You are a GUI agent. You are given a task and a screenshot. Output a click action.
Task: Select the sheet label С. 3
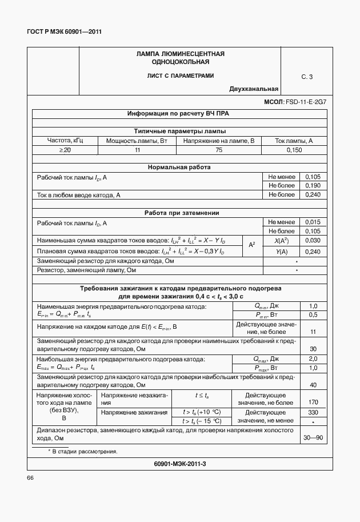(x=307, y=76)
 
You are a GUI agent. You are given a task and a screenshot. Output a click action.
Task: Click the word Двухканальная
(x=254, y=89)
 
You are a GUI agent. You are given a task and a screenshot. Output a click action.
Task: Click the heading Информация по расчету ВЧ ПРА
(x=178, y=114)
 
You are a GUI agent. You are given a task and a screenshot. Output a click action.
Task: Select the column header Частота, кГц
(x=65, y=140)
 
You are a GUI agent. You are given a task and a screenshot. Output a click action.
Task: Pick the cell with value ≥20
(x=65, y=149)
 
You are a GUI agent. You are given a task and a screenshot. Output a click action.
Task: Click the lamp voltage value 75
(x=218, y=149)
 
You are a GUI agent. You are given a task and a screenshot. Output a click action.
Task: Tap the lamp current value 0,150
(x=294, y=149)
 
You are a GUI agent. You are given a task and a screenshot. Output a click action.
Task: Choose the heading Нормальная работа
(x=179, y=168)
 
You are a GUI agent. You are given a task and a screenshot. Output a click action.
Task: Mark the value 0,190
(x=313, y=186)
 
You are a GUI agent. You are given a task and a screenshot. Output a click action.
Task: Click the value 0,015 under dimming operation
(x=313, y=222)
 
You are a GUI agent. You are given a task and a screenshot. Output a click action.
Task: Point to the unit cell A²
(x=252, y=245)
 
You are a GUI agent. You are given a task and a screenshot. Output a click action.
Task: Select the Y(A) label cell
(x=281, y=251)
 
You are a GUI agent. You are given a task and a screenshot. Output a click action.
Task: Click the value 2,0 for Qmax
(x=313, y=358)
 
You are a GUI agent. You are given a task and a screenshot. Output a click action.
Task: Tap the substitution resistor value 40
(x=313, y=385)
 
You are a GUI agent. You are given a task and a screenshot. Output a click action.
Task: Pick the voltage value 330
(x=313, y=412)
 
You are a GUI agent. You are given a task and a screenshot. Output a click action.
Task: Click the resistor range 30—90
(x=313, y=437)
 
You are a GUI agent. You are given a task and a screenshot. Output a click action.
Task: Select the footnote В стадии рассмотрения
(x=83, y=451)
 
